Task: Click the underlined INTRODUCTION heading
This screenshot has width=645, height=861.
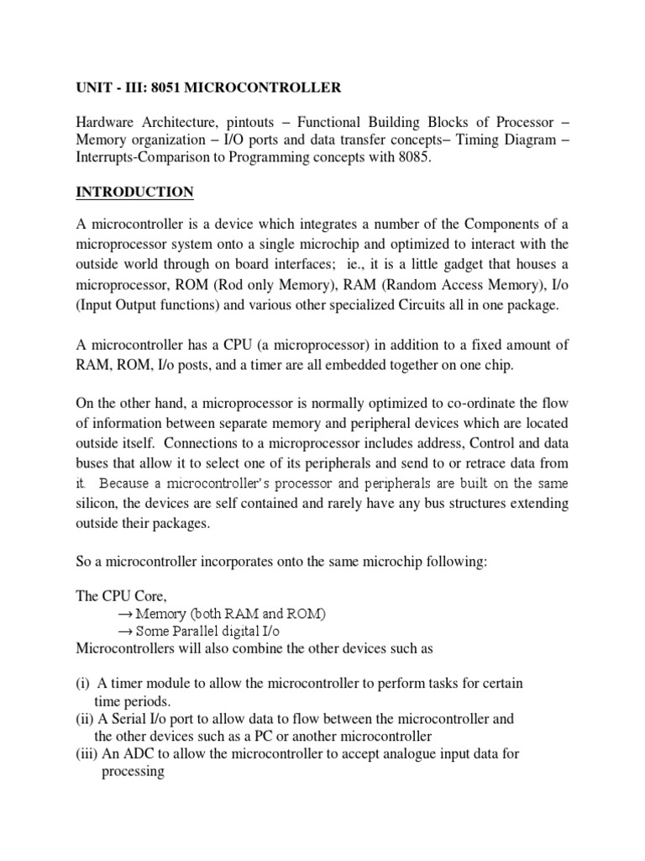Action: coord(134,193)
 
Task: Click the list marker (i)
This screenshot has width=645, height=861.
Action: coord(83,683)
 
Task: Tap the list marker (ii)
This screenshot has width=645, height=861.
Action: coord(85,718)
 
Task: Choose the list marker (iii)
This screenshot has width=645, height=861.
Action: coord(87,754)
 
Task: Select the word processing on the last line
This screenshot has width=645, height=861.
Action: coord(133,772)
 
